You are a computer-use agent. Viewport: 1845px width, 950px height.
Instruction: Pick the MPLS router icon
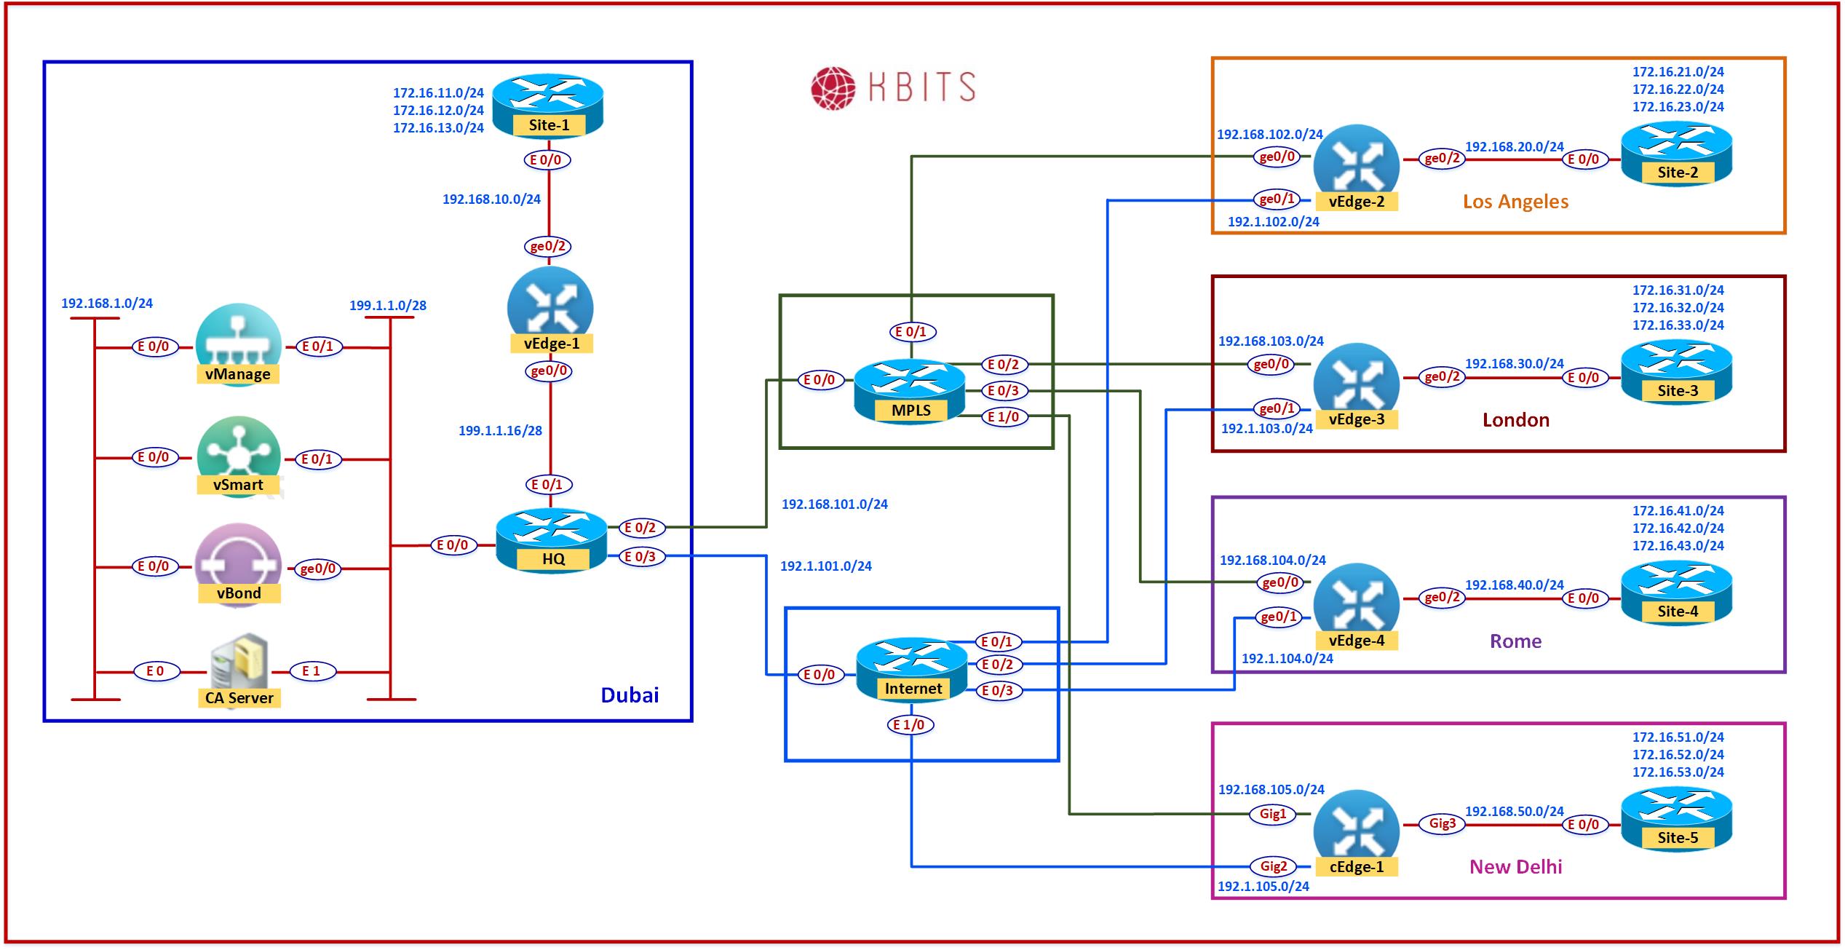tap(910, 390)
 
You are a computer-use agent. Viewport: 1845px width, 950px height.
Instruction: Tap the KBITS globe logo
tap(833, 88)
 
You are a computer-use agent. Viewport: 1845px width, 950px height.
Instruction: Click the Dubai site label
tap(630, 695)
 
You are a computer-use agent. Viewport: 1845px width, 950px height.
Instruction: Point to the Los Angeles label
tap(1515, 202)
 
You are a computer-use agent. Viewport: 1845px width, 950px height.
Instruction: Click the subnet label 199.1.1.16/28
tap(500, 431)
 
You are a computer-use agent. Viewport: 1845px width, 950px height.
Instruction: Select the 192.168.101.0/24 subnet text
tap(834, 504)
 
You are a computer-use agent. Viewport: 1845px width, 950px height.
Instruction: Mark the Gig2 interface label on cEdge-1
tap(1273, 866)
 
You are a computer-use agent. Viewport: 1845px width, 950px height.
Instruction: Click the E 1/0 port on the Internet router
tap(909, 725)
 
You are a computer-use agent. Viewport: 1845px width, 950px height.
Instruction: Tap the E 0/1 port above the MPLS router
tap(911, 332)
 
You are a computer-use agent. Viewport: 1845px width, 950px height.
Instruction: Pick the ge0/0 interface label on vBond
tap(317, 569)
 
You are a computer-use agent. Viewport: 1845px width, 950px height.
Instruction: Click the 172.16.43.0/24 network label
tap(1678, 546)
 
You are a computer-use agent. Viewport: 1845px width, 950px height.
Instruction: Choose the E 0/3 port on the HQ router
tap(640, 557)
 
